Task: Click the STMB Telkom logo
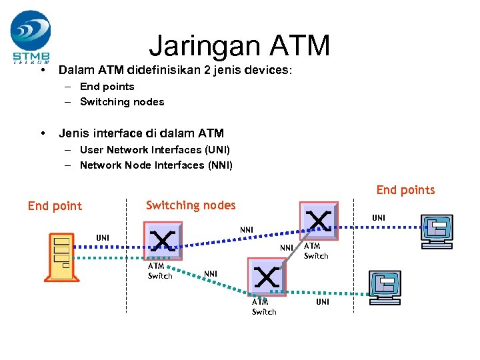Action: [x=31, y=36]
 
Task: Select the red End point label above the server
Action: [x=55, y=206]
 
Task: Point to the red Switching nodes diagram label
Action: [x=190, y=205]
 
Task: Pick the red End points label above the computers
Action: [x=405, y=190]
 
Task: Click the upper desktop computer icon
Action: [x=437, y=231]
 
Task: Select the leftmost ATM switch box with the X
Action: [x=163, y=239]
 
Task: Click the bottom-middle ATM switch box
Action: [x=265, y=275]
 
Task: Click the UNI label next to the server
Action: [x=103, y=237]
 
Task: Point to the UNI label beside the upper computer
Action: [x=378, y=218]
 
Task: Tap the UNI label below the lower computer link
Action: [x=322, y=302]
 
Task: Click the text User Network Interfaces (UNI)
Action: [x=154, y=150]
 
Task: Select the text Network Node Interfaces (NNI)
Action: [x=156, y=165]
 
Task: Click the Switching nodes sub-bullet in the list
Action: [x=122, y=102]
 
